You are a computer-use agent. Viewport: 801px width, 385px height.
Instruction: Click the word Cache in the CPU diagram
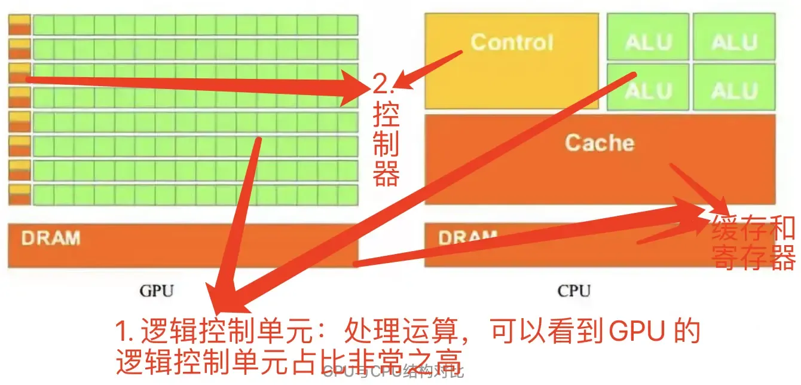tap(599, 143)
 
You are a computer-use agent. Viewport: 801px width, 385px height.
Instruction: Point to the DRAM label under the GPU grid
tap(51, 238)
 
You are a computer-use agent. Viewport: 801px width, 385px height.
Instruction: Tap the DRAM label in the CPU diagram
tap(467, 237)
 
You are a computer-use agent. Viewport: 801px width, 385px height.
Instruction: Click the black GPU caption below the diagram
tap(157, 291)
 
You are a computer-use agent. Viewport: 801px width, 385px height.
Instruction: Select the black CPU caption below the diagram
tap(574, 291)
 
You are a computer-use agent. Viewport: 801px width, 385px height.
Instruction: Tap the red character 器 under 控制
tap(386, 175)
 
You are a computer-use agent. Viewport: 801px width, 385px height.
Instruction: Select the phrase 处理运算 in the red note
tap(392, 331)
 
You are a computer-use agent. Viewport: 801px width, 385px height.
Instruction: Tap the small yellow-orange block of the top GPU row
tap(19, 25)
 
